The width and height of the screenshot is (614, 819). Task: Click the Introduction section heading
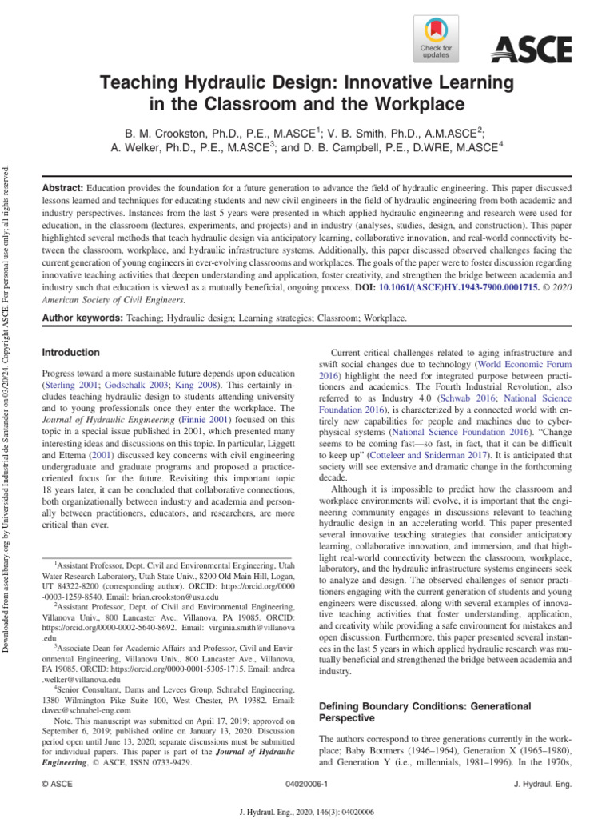coord(70,353)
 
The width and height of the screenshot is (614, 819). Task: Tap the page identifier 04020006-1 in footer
coord(307,785)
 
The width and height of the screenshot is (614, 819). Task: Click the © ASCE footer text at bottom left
coord(57,785)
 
